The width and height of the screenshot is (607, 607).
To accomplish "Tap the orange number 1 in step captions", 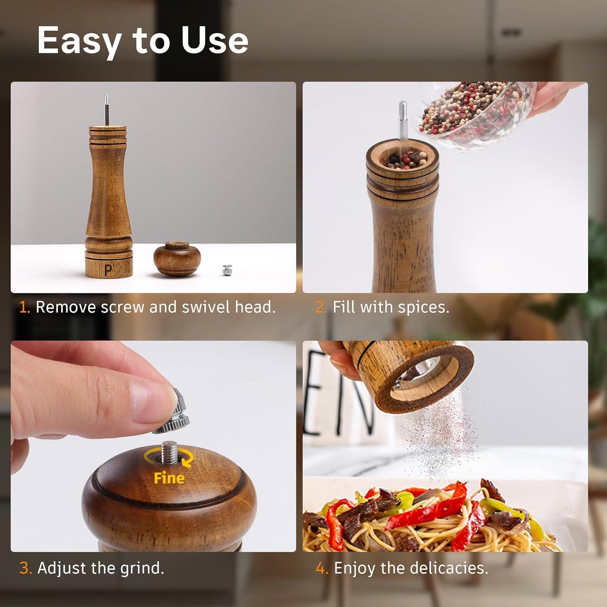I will (x=24, y=307).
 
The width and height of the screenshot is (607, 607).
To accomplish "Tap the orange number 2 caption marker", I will (x=321, y=307).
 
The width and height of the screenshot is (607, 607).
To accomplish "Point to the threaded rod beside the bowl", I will (x=403, y=121).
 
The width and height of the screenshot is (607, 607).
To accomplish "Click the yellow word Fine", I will (x=169, y=478).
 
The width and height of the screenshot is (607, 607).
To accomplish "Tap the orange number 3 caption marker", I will (x=25, y=568).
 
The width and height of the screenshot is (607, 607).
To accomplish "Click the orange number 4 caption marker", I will (x=322, y=568).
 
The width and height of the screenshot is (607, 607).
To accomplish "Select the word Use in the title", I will (x=214, y=41).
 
